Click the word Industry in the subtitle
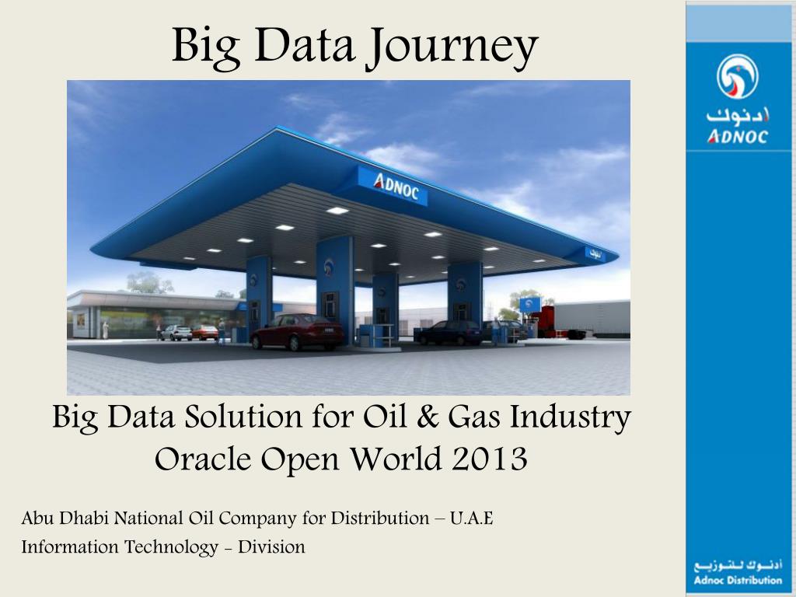570,418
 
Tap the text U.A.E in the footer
471,518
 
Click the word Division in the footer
271,547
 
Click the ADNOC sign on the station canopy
393,186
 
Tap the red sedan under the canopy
297,332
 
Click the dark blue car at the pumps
449,333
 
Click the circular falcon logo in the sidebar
737,77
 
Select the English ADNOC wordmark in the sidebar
738,137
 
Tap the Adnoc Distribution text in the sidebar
738,580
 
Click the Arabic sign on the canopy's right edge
595,254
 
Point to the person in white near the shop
105,330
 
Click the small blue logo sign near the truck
529,305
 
